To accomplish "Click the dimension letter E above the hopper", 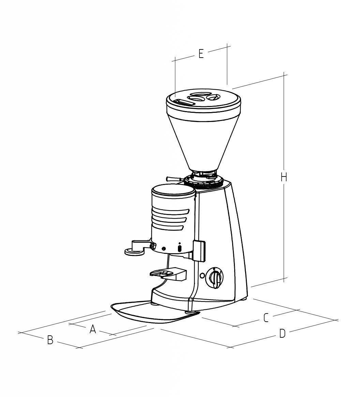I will point(201,54).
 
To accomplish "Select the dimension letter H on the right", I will point(284,177).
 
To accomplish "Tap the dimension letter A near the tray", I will point(93,329).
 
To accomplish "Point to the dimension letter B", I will point(50,340).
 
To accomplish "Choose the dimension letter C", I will point(266,318).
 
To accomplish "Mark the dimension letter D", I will point(282,334).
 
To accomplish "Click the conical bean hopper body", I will point(203,143).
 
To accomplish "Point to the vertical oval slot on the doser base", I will point(180,248).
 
